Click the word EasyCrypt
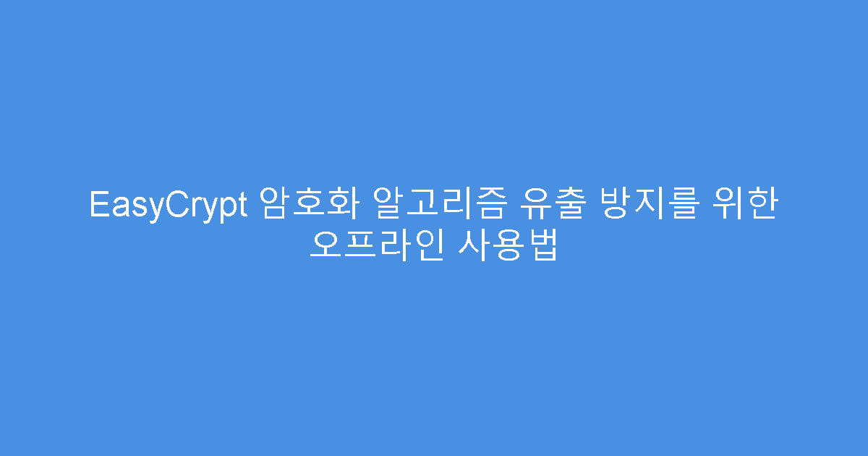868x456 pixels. click(168, 205)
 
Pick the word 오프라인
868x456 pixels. click(375, 245)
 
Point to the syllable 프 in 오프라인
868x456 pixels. click(358, 245)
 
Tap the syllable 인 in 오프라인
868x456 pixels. click(425, 245)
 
